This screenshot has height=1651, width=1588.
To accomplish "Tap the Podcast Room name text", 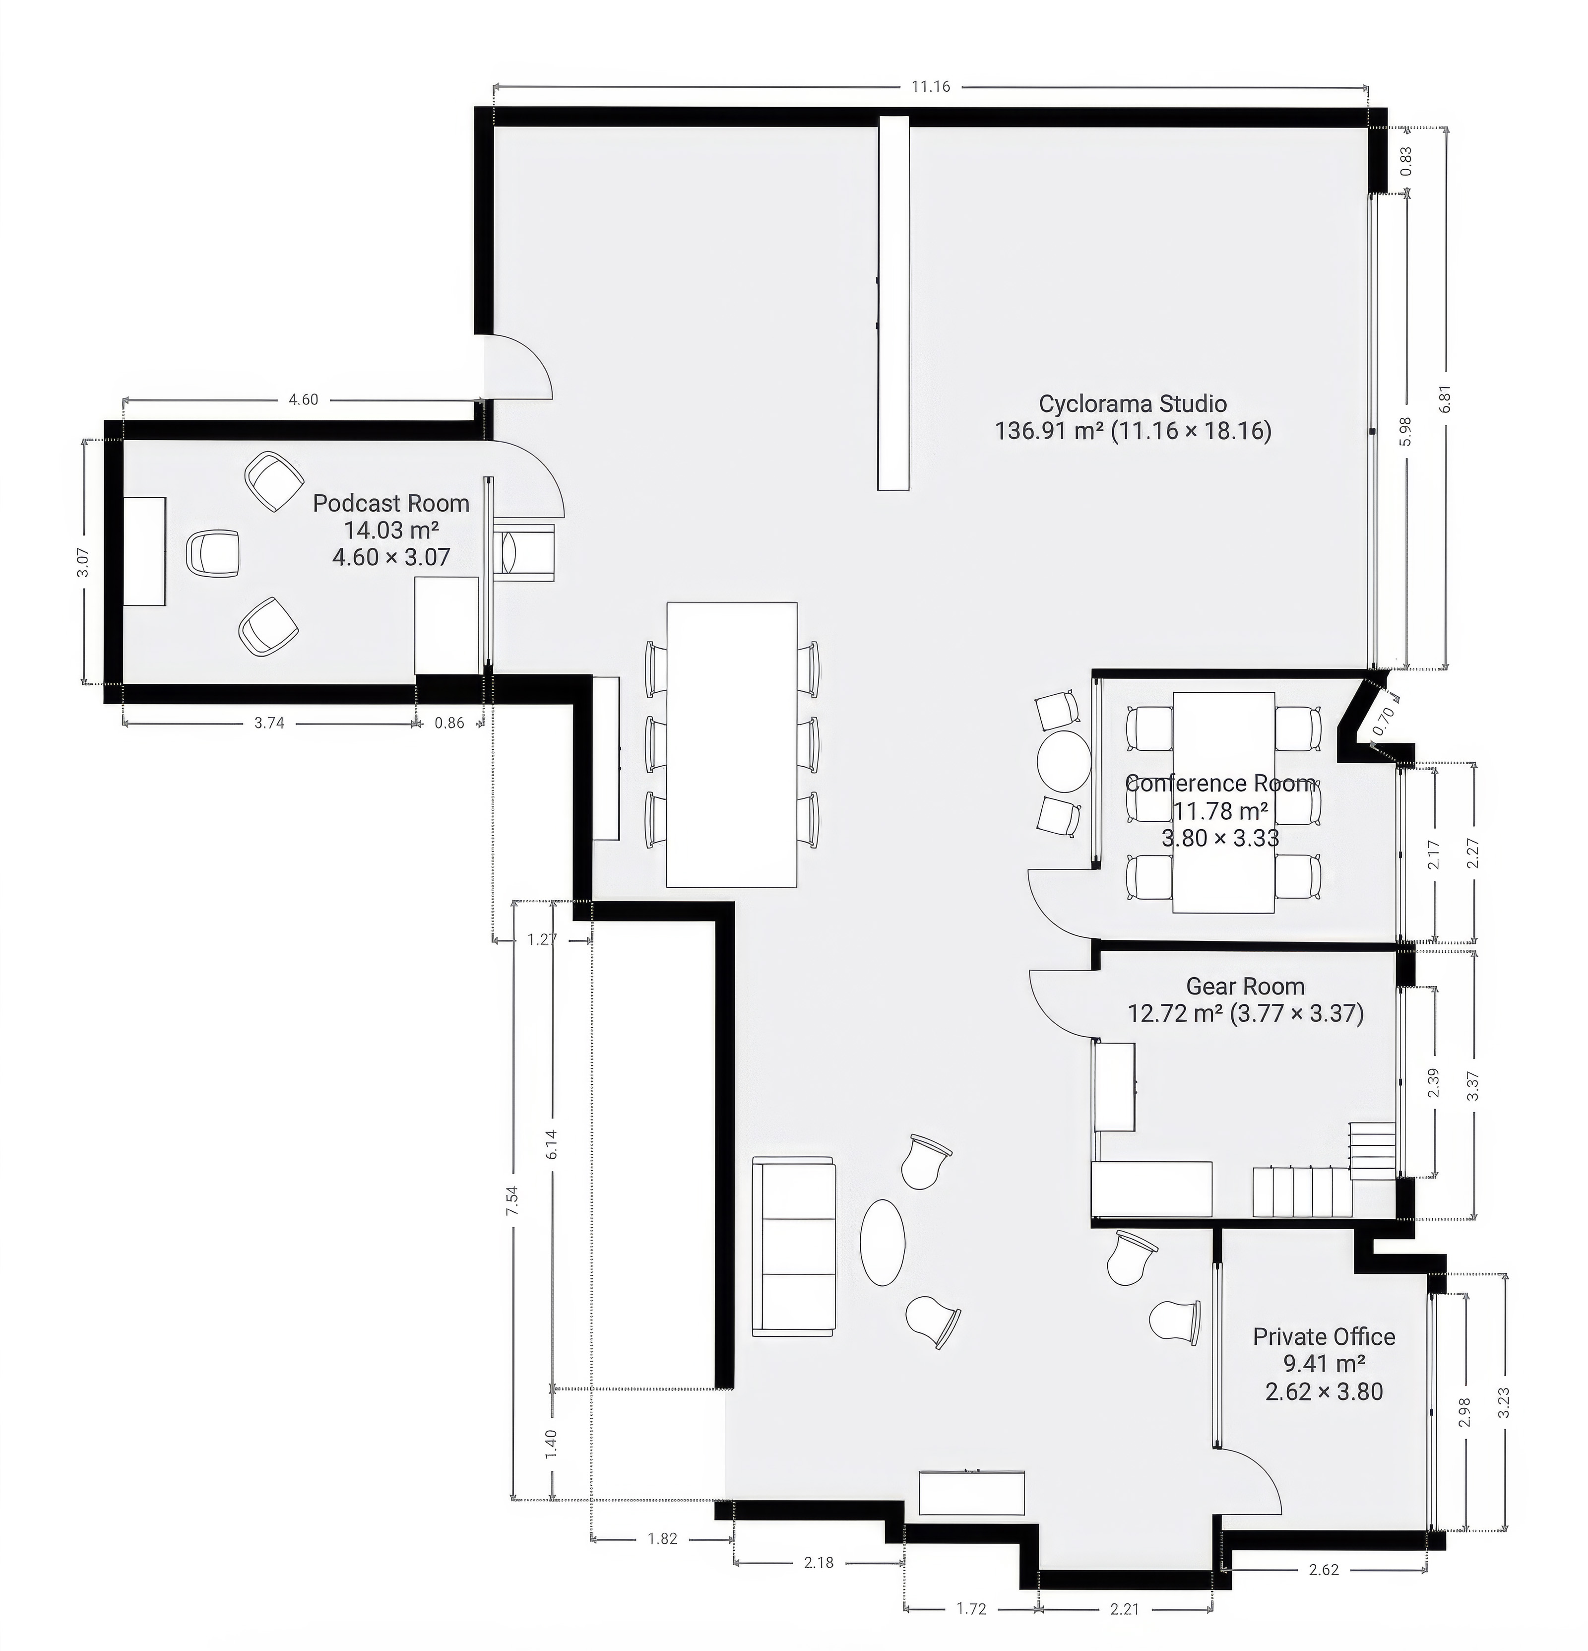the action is pyautogui.click(x=391, y=504).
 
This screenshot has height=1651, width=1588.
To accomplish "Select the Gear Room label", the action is pyautogui.click(x=1245, y=987).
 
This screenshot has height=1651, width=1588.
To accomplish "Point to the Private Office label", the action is pyautogui.click(x=1324, y=1337).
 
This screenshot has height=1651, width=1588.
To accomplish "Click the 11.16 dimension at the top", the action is pyautogui.click(x=930, y=86).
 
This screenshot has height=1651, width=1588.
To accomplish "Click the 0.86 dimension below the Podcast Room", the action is pyautogui.click(x=449, y=723).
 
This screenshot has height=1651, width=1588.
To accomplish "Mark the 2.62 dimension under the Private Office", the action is pyautogui.click(x=1324, y=1570).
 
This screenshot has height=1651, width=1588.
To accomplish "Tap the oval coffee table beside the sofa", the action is pyautogui.click(x=883, y=1243).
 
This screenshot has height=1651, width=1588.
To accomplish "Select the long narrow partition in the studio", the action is pyautogui.click(x=894, y=303).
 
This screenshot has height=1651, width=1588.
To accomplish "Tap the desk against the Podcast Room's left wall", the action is pyautogui.click(x=145, y=552).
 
